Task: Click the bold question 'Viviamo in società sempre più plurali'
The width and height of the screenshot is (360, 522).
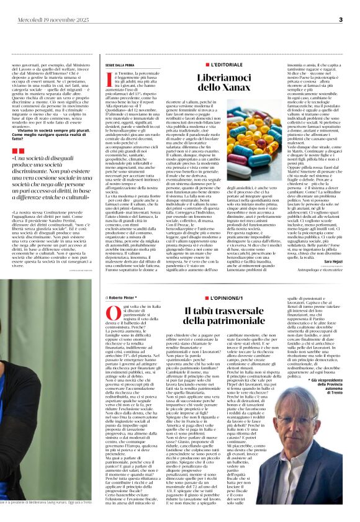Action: (50, 131)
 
